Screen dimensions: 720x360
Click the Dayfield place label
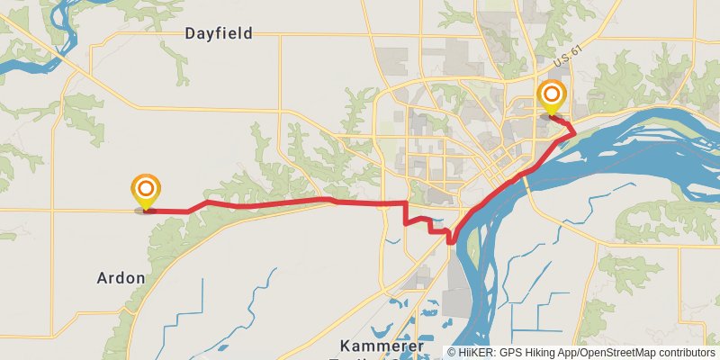[219, 33]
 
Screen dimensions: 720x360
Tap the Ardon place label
[121, 278]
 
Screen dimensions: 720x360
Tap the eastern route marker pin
[552, 97]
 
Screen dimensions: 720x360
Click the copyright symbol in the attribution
[452, 353]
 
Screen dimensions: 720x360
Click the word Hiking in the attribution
[540, 353]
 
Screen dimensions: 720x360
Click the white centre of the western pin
[146, 189]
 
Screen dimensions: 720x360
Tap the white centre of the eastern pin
[552, 94]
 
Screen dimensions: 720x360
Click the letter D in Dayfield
[191, 33]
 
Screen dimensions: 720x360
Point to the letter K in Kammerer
[346, 346]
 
